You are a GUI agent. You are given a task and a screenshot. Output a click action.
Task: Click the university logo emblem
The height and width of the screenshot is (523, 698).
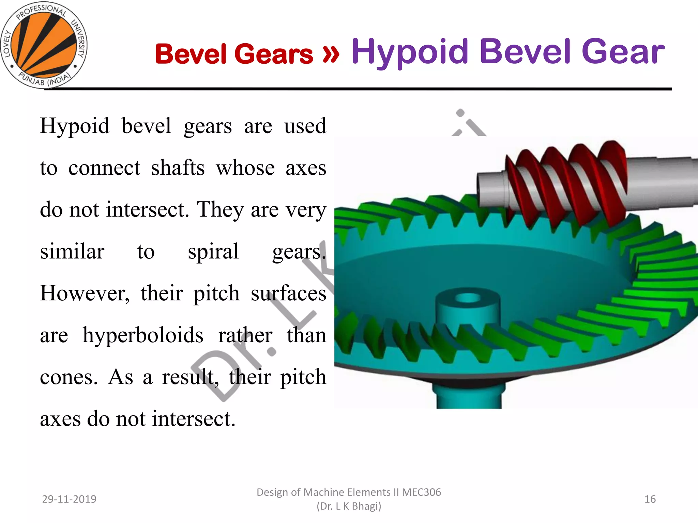point(44,45)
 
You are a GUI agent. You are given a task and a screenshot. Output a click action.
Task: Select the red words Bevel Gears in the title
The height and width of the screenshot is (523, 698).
point(234,54)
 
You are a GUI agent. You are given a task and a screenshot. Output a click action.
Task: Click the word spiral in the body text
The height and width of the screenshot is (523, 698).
point(213,252)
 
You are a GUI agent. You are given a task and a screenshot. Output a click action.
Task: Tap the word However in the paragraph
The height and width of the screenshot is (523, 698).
point(85,294)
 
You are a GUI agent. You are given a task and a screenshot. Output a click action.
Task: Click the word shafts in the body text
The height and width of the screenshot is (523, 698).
point(178,168)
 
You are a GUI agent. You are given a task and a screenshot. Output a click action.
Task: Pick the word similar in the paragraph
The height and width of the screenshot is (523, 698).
point(72,252)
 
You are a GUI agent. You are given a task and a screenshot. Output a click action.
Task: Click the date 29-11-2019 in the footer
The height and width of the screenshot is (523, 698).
point(69,499)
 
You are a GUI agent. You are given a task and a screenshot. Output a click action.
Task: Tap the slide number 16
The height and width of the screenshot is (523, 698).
point(650,499)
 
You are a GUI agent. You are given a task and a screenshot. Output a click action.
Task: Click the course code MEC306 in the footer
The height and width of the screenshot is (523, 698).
point(421,492)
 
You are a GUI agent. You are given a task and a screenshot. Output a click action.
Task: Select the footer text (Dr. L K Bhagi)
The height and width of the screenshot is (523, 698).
point(349,506)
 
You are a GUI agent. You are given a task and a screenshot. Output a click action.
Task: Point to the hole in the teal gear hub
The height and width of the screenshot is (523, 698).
point(468,298)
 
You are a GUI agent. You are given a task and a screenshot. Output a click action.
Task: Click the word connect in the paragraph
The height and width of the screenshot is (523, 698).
point(104,168)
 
